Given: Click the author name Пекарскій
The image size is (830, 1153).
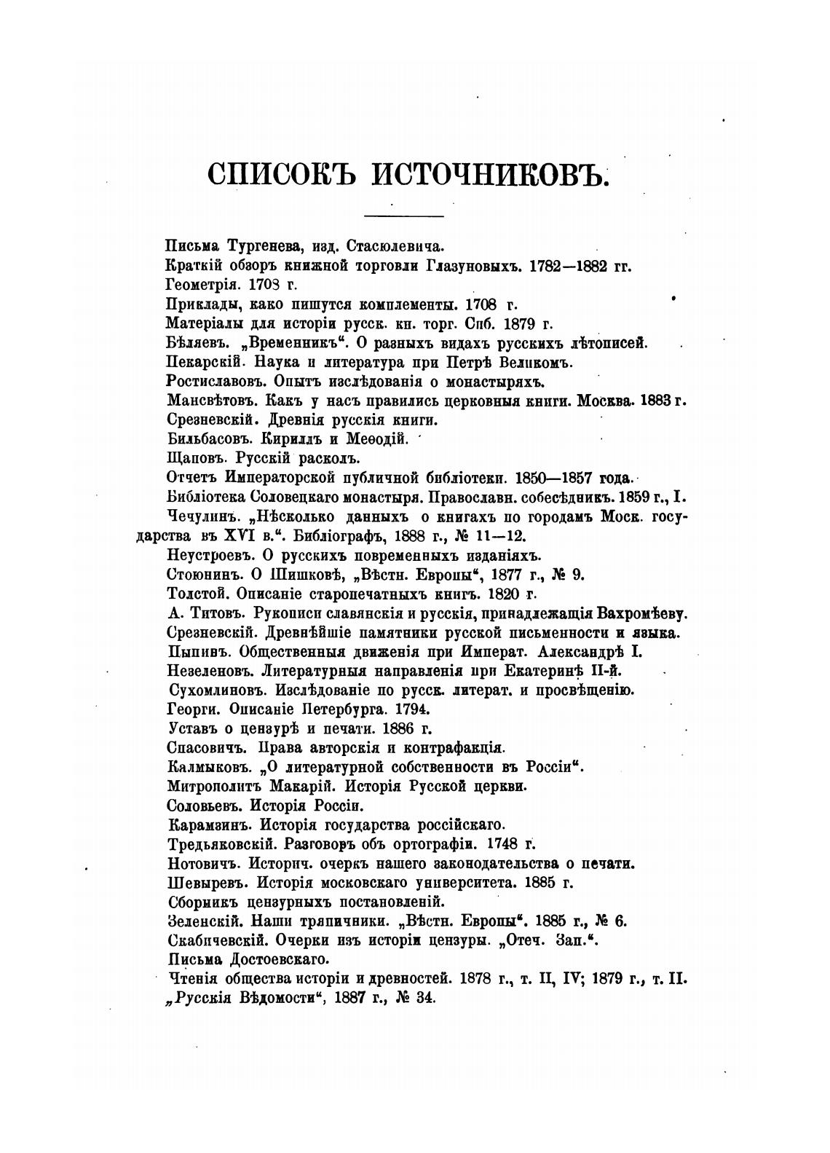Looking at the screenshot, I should [202, 362].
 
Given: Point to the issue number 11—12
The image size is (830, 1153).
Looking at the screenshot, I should [499, 536].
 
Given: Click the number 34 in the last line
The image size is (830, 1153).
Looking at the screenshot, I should [424, 999].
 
